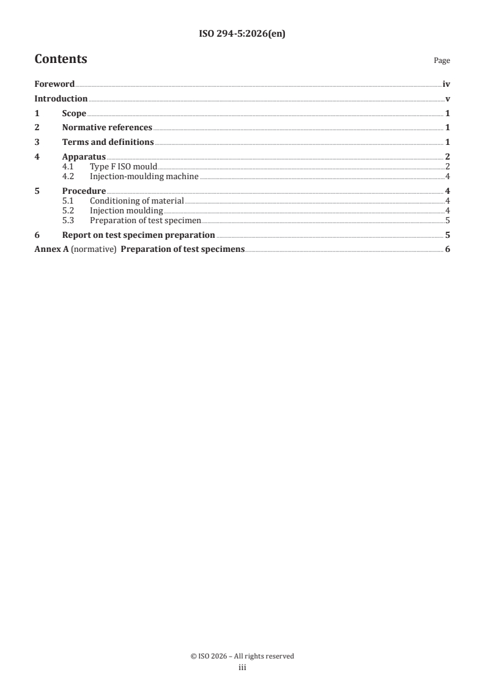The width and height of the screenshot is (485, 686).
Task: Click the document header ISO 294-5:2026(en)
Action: click(x=242, y=35)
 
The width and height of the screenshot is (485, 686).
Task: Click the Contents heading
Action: click(x=61, y=59)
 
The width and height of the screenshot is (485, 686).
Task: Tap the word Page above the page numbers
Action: click(x=442, y=61)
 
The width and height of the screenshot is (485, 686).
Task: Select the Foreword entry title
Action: click(x=54, y=84)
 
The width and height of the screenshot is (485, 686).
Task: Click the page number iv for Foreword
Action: click(x=446, y=84)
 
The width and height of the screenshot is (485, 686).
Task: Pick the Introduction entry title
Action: click(x=61, y=99)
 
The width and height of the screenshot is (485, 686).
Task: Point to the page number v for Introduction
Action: click(x=448, y=99)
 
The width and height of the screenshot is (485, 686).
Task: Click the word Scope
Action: click(x=74, y=113)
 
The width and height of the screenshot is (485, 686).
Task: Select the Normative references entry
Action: click(x=107, y=128)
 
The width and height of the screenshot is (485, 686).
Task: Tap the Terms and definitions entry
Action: click(x=108, y=142)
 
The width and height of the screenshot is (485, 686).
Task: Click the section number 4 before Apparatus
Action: click(x=37, y=157)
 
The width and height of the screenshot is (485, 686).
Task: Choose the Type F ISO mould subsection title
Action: click(x=124, y=166)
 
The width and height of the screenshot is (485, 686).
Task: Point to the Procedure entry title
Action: click(x=84, y=191)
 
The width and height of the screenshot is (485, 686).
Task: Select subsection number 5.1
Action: click(x=68, y=201)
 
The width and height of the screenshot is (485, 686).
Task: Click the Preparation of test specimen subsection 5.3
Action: click(x=145, y=220)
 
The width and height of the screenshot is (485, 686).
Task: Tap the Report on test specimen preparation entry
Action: click(x=138, y=235)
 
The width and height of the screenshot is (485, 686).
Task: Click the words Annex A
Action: click(x=51, y=249)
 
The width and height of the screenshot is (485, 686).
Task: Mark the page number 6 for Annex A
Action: click(x=448, y=249)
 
